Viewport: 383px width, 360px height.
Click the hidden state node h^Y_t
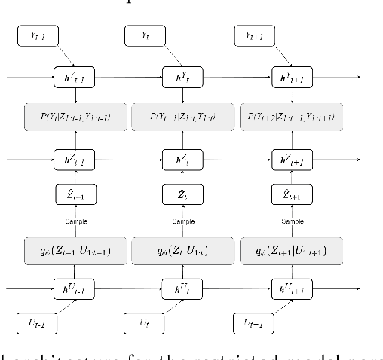173,76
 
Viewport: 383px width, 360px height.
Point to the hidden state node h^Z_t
173,159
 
